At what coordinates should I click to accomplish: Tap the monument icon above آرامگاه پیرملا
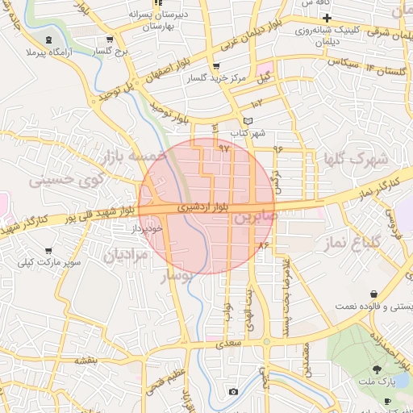[50, 40]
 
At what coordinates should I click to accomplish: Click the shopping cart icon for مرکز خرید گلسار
[215, 67]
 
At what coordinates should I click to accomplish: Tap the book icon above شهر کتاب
[236, 120]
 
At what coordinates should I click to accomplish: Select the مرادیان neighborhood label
[125, 256]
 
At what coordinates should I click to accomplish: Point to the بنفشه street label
[86, 361]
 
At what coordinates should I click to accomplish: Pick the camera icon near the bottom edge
[233, 392]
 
